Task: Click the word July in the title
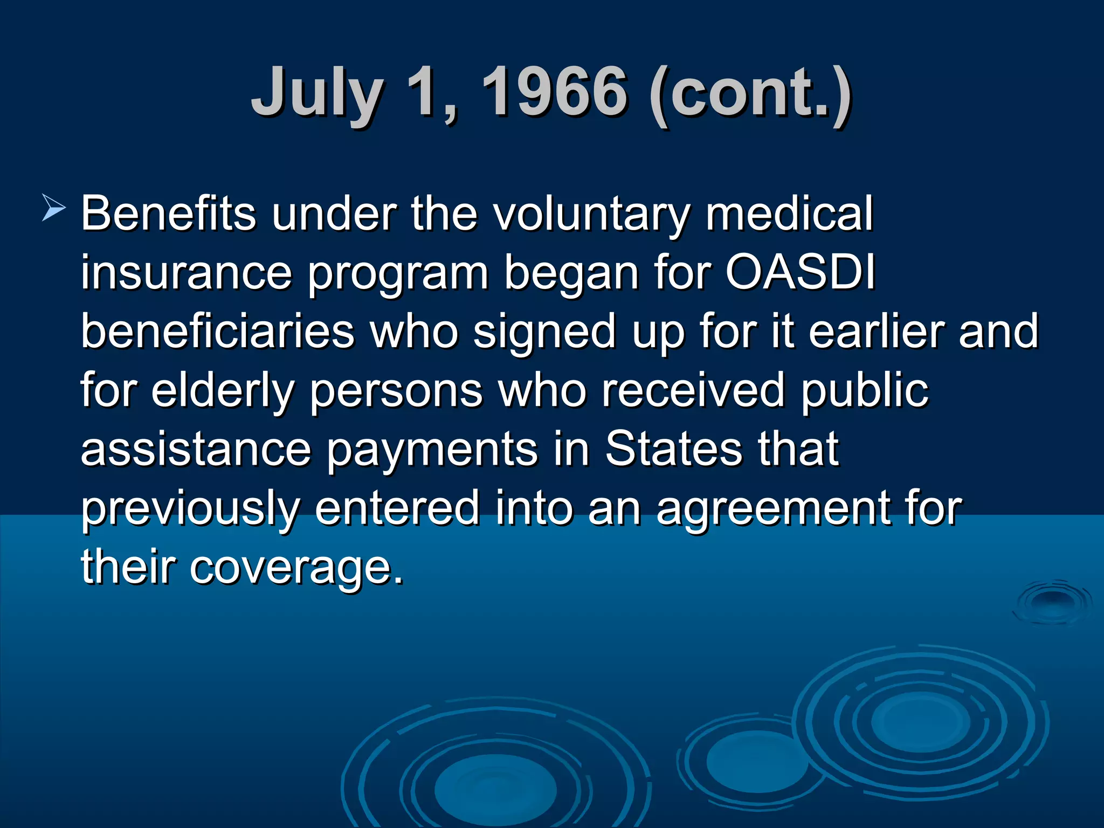click(x=318, y=93)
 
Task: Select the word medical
click(x=789, y=213)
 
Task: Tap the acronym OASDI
click(x=800, y=272)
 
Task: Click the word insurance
click(x=187, y=273)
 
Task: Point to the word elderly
click(x=222, y=390)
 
